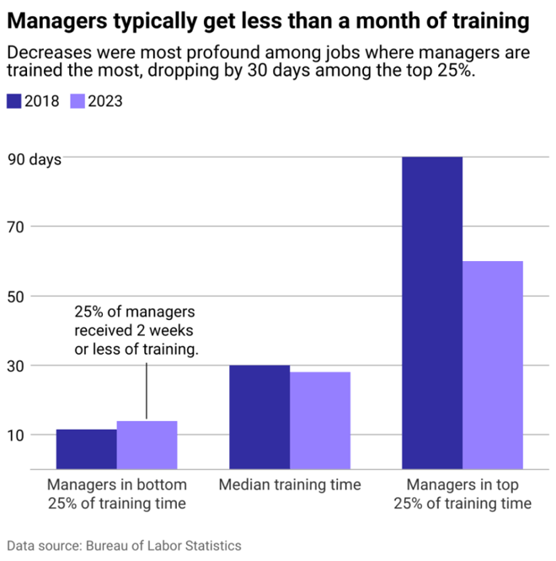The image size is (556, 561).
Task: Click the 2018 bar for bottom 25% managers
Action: pyautogui.click(x=86, y=449)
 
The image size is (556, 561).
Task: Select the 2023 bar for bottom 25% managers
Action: pyautogui.click(x=147, y=445)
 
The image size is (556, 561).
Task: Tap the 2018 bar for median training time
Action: pyautogui.click(x=259, y=417)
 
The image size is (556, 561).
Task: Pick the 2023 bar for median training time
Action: pyautogui.click(x=320, y=420)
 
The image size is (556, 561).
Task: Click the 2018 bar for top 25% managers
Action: pyautogui.click(x=432, y=313)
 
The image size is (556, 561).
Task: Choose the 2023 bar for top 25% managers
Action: pyautogui.click(x=493, y=365)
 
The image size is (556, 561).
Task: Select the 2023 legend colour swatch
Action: pyautogui.click(x=77, y=101)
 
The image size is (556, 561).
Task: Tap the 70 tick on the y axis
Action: pyautogui.click(x=17, y=227)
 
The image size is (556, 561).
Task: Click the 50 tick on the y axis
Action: pyautogui.click(x=17, y=297)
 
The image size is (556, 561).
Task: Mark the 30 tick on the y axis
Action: pyautogui.click(x=17, y=366)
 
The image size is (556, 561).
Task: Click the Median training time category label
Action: pyautogui.click(x=290, y=485)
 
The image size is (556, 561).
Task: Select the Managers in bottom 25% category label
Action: pyautogui.click(x=116, y=494)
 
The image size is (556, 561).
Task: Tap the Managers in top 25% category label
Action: pyautogui.click(x=462, y=494)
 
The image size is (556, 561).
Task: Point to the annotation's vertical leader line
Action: pyautogui.click(x=147, y=391)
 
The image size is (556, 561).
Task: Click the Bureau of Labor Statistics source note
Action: pyautogui.click(x=125, y=546)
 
